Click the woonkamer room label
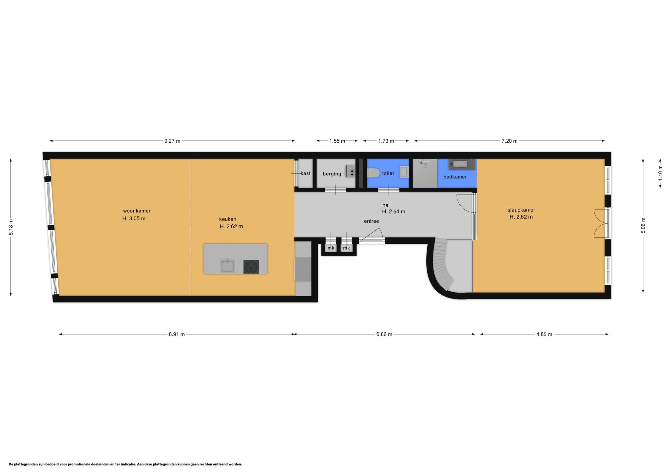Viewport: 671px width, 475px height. [137, 211]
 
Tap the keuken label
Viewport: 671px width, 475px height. [228, 219]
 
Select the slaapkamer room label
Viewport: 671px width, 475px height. [521, 210]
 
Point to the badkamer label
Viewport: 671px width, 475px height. [455, 177]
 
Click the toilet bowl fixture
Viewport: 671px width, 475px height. [373, 173]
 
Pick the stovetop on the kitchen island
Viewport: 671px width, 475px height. [251, 267]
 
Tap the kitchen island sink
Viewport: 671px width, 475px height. [227, 266]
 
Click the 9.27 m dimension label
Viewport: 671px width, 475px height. [172, 141]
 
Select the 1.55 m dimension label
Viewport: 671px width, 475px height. [337, 141]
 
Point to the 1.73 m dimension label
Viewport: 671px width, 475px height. [386, 141]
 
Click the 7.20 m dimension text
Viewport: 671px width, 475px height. [509, 141]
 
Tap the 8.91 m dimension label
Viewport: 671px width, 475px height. [177, 334]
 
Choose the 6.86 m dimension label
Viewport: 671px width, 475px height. [384, 334]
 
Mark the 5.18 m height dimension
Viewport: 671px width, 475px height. [11, 227]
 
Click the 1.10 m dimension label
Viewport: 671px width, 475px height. [660, 173]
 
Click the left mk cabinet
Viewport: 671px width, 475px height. [331, 248]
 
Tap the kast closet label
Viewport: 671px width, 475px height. [305, 173]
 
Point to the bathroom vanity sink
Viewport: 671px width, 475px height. [462, 164]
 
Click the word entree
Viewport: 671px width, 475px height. [372, 221]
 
